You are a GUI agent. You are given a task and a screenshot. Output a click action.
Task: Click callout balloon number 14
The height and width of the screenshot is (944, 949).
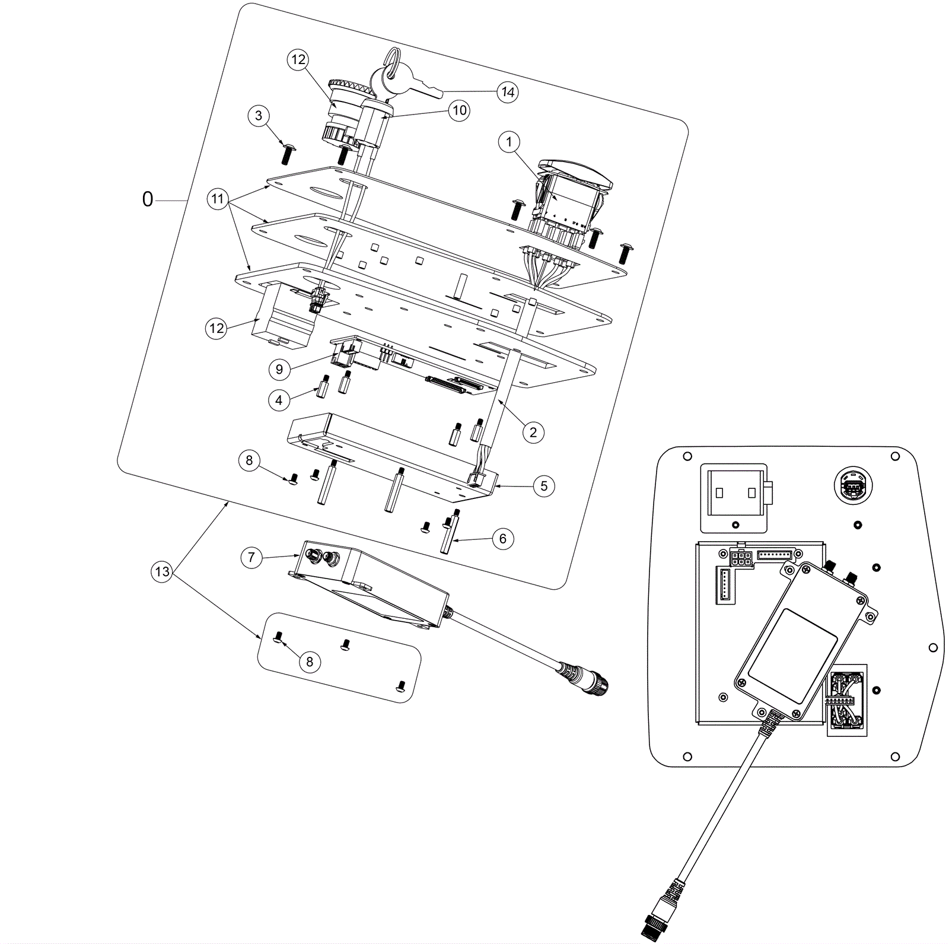point(508,92)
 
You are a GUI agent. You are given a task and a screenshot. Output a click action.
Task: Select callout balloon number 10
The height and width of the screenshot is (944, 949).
point(460,110)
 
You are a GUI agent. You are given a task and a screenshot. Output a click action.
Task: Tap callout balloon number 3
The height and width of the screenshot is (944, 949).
point(258,116)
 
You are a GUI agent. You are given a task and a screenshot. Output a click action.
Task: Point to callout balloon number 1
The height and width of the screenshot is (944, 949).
point(509,142)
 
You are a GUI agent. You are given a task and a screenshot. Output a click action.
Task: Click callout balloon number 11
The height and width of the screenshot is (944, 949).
point(218,199)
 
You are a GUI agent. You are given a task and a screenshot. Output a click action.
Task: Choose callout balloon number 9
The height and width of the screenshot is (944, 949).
point(279,370)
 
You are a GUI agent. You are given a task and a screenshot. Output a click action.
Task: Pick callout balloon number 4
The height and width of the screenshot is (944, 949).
point(279,401)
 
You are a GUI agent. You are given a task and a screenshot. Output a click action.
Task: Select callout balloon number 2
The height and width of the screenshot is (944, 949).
point(533,433)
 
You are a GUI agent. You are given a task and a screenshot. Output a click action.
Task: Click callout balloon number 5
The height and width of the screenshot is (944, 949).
point(544,487)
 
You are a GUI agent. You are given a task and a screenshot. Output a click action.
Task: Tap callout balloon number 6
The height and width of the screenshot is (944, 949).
point(503,539)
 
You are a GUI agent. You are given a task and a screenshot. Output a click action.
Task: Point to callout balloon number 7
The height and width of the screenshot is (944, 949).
point(251,558)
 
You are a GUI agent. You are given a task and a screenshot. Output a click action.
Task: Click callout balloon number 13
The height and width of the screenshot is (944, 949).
point(161,572)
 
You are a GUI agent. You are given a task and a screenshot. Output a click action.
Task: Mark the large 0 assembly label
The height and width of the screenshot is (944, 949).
point(148,199)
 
